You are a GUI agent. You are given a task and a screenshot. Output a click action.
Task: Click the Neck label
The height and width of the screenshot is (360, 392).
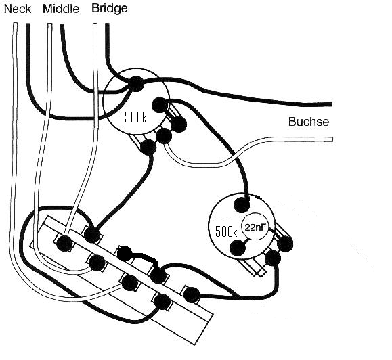click(x=18, y=9)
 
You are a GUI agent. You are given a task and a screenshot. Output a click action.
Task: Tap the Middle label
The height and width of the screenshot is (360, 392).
click(x=61, y=9)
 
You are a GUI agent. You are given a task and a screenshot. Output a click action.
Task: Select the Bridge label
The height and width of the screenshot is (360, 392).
click(x=110, y=9)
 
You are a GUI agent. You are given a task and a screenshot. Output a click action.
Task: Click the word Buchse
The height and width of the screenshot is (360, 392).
click(x=309, y=122)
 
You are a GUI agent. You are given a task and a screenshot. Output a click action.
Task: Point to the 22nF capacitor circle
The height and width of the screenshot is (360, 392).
click(x=255, y=227)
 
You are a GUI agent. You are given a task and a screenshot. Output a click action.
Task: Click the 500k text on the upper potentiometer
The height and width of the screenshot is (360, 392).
click(x=135, y=117)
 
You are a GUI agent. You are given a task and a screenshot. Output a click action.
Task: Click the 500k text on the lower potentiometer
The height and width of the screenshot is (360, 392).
click(x=226, y=231)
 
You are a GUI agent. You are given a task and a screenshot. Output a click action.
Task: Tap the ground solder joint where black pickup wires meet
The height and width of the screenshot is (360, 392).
click(x=136, y=84)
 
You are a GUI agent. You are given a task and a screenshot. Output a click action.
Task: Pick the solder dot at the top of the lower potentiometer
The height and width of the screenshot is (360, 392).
click(x=242, y=205)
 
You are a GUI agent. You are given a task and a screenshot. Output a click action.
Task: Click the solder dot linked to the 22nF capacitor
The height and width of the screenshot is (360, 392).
click(x=237, y=248)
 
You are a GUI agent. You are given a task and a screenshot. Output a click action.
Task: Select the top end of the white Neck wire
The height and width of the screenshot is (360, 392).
click(x=15, y=24)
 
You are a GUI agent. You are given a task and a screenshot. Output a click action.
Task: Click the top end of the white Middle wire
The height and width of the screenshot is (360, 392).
click(x=49, y=24)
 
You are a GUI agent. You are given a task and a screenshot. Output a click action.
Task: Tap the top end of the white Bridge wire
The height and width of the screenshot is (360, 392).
click(x=95, y=24)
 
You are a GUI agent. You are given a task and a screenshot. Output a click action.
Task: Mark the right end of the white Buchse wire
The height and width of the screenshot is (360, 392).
click(x=332, y=139)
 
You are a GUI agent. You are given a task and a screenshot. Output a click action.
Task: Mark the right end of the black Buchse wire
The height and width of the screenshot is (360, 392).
click(x=331, y=104)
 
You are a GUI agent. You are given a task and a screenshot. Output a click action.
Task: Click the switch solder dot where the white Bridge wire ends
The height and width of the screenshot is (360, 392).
click(x=64, y=244)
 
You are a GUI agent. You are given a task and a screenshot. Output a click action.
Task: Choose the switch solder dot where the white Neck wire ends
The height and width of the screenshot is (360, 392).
click(x=129, y=283)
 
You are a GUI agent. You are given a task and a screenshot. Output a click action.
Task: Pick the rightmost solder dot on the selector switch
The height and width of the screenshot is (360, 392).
click(x=192, y=295)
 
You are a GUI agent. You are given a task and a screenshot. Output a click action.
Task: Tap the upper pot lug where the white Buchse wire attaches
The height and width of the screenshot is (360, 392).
click(x=164, y=136)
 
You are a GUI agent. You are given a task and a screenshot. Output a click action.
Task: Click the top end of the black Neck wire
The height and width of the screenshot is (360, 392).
click(x=28, y=24)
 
